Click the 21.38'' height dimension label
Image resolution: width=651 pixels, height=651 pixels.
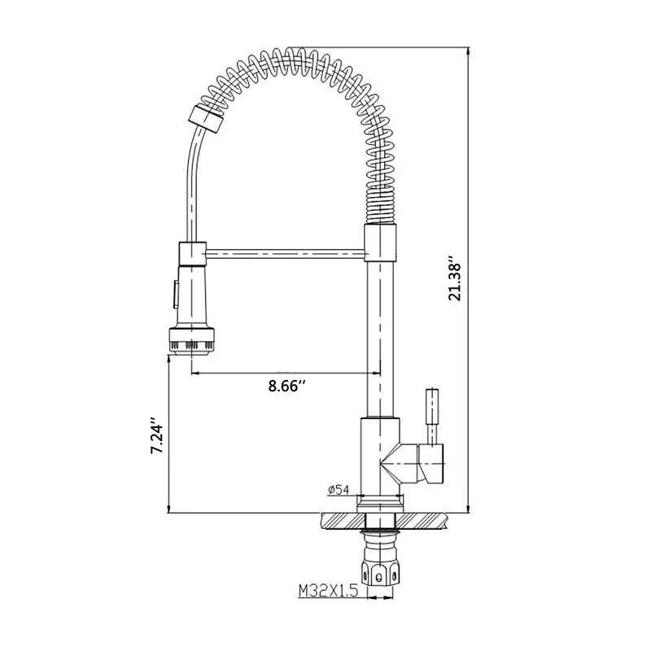point(455,282)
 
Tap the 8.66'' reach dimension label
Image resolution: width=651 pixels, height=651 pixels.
point(287,386)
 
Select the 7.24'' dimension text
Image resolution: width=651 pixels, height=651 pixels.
point(158,435)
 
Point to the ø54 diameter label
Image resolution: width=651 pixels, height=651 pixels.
point(338,490)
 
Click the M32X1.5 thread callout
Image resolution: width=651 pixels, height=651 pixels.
point(328,591)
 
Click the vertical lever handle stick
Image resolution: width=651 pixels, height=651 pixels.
point(432,417)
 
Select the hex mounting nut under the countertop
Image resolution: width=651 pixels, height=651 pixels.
point(378,574)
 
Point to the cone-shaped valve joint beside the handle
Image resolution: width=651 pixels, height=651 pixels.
point(399,464)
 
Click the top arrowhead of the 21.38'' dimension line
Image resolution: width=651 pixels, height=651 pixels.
point(469,51)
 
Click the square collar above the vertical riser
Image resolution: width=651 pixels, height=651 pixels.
point(380,242)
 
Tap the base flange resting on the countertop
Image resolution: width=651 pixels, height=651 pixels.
point(380,504)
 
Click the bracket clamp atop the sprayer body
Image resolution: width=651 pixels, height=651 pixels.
point(192,254)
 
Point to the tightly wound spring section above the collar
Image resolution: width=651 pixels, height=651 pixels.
point(379,207)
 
